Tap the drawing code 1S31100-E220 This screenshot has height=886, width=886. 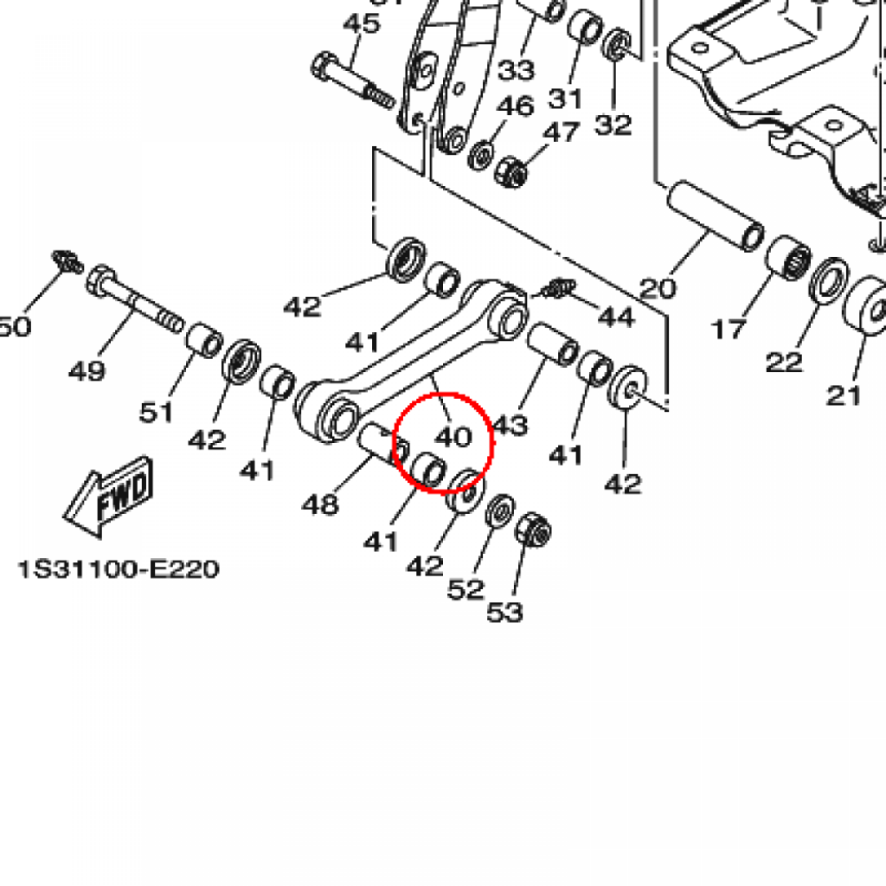(x=119, y=569)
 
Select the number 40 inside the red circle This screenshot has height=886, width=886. (x=453, y=437)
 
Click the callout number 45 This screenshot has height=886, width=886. (x=362, y=23)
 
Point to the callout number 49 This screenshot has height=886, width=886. (x=87, y=371)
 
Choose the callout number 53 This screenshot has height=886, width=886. (x=505, y=612)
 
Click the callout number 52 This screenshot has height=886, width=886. (x=465, y=589)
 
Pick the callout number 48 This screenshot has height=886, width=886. (x=320, y=504)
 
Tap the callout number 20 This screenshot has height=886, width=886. (x=658, y=288)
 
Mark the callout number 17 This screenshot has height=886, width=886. (x=729, y=330)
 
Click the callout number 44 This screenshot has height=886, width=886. (x=616, y=317)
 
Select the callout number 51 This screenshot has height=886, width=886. (x=156, y=412)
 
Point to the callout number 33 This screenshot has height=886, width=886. (x=517, y=70)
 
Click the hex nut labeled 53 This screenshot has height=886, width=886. (x=533, y=530)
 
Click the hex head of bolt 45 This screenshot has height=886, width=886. (x=324, y=66)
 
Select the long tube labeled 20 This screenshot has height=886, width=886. (x=716, y=215)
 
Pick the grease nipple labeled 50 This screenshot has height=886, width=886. (x=67, y=262)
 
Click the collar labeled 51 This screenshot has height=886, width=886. (x=204, y=340)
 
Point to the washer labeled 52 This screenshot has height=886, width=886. (x=501, y=510)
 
